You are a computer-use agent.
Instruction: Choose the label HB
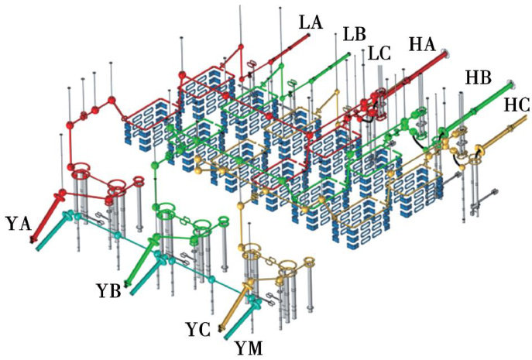click(479, 77)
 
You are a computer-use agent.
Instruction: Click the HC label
click(516, 105)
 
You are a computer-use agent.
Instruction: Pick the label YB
click(109, 290)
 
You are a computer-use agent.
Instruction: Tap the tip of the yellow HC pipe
click(527, 118)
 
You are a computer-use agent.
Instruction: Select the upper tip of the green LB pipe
click(349, 53)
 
